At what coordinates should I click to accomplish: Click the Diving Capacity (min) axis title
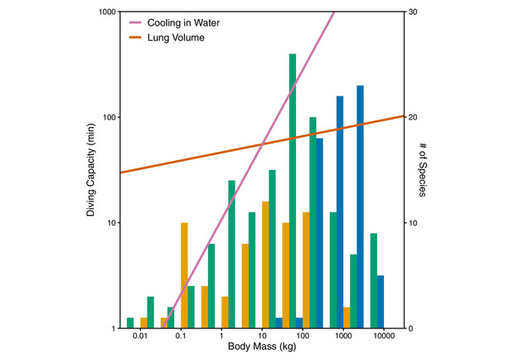point(92,170)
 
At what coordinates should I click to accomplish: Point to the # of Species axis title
point(423,170)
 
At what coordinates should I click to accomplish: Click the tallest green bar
point(293,191)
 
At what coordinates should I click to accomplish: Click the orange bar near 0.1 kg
point(184,275)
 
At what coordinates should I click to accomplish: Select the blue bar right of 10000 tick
point(381,302)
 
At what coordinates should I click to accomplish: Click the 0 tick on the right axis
point(410,328)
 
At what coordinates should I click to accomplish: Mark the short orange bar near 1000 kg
point(347,318)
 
